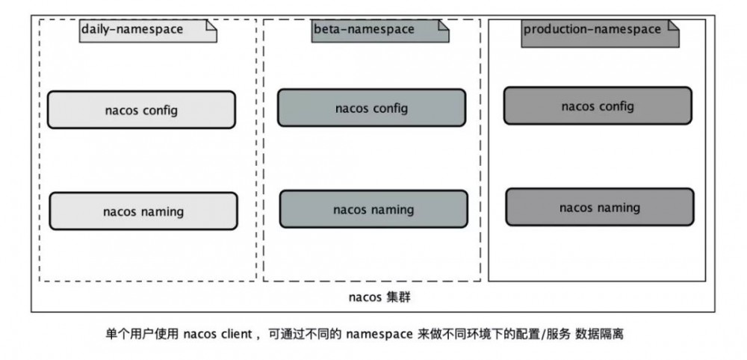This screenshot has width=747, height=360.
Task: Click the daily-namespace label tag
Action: (147, 31)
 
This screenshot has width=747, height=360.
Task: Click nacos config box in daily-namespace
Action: (141, 111)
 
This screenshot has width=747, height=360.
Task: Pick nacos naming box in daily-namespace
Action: (143, 211)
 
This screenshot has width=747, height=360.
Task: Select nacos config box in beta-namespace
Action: (371, 108)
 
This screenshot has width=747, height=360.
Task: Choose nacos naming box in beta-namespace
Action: (373, 209)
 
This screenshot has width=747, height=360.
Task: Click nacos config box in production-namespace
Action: (597, 106)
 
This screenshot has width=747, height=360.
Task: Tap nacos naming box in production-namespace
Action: (599, 208)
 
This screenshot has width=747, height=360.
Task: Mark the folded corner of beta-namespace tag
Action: (443, 26)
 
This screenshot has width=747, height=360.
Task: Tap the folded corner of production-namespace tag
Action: (673, 25)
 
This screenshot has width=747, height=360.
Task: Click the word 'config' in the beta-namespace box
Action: (390, 108)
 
